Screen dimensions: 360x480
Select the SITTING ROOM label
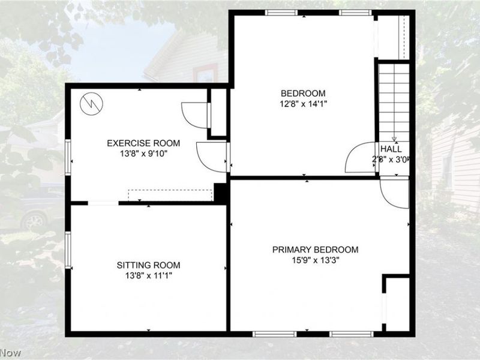[x=148, y=265]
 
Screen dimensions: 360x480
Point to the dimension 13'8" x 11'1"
[x=148, y=275]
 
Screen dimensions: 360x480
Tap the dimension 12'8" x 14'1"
[x=304, y=103]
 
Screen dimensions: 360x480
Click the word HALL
[x=391, y=149]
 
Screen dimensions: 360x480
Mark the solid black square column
[x=220, y=192]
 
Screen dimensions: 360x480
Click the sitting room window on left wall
[x=68, y=250]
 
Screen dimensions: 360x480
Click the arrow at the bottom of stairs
[x=394, y=137]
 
